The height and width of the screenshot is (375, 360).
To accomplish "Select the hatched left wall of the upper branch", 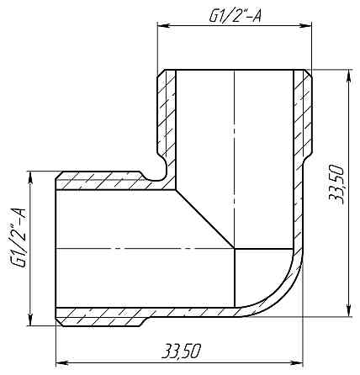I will coord(167,118).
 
